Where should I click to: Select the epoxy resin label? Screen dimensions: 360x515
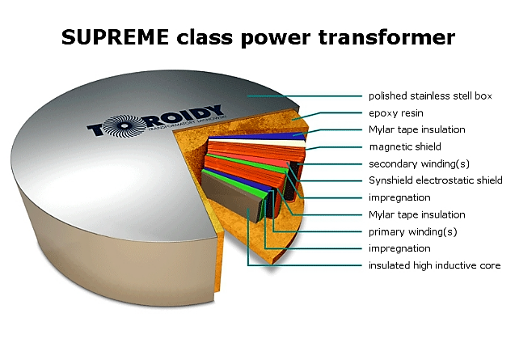point(396,113)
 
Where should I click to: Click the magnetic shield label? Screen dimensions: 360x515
point(405,146)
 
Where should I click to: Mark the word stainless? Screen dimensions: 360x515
point(426,96)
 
